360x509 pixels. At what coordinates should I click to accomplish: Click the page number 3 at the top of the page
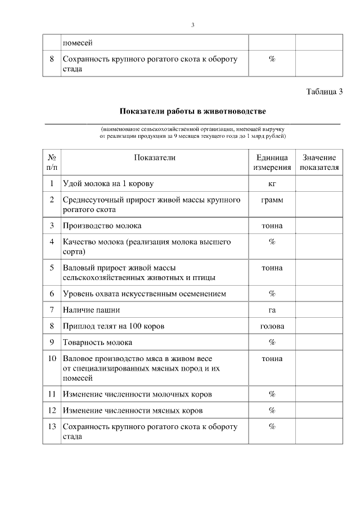click(193, 25)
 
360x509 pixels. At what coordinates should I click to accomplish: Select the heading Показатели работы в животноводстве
click(193, 111)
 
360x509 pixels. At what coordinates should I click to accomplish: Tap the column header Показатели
click(155, 158)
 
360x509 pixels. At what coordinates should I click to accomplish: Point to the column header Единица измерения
click(272, 163)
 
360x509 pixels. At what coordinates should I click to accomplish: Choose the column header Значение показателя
click(319, 163)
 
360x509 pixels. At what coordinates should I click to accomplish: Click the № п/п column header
click(52, 163)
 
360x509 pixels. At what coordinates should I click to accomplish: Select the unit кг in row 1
click(272, 184)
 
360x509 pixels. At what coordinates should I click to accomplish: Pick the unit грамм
click(272, 200)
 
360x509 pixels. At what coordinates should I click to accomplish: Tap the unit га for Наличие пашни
click(272, 310)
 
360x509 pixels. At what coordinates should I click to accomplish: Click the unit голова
click(272, 326)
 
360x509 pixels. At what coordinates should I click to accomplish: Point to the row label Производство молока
click(102, 226)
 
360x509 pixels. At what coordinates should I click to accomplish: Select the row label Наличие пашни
click(91, 310)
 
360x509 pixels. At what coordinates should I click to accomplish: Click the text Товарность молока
click(98, 343)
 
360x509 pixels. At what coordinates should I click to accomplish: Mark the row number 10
click(52, 359)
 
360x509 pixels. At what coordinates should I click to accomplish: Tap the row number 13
click(52, 427)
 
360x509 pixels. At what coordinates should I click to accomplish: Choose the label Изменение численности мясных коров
click(133, 411)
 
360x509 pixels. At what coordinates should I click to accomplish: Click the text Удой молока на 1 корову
click(108, 184)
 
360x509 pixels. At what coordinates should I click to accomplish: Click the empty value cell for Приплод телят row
click(319, 326)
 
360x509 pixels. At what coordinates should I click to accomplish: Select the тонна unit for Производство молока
click(272, 226)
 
